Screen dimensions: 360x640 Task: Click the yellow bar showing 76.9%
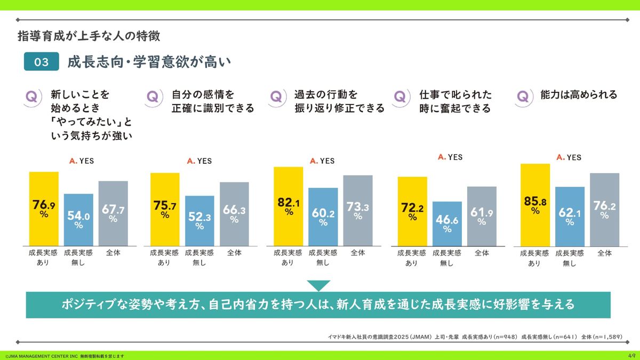click(x=44, y=209)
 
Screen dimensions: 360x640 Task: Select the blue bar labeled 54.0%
click(x=78, y=219)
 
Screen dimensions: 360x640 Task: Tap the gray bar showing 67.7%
click(x=113, y=213)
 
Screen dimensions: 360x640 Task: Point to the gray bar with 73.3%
click(x=358, y=211)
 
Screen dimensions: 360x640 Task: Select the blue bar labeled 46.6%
click(x=447, y=223)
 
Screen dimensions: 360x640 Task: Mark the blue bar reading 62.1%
click(x=570, y=216)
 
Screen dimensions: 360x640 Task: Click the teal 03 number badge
click(x=41, y=62)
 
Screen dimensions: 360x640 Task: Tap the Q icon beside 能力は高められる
click(x=523, y=97)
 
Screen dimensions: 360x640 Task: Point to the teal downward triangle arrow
click(x=318, y=286)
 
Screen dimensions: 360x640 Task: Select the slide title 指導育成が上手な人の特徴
click(x=89, y=36)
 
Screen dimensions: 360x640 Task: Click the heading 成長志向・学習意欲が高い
click(x=149, y=62)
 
